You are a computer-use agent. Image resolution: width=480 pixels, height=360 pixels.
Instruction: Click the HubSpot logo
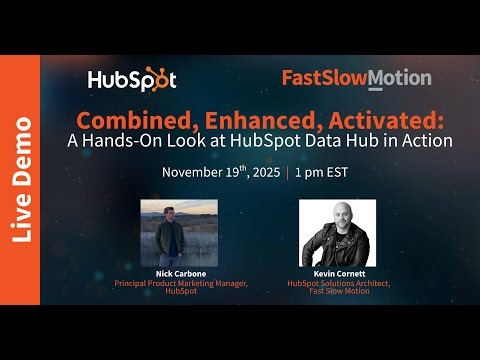132,79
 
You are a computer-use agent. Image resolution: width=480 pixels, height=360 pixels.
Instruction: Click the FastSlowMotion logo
356,78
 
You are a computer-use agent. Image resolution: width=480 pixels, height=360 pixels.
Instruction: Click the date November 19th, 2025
221,171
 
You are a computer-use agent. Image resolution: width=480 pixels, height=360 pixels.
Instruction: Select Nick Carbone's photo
165,231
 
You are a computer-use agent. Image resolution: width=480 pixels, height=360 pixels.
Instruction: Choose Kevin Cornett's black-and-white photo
337,231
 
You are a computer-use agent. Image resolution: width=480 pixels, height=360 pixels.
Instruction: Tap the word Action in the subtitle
429,140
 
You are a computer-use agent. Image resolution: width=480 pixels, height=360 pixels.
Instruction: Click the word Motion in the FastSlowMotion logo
400,78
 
